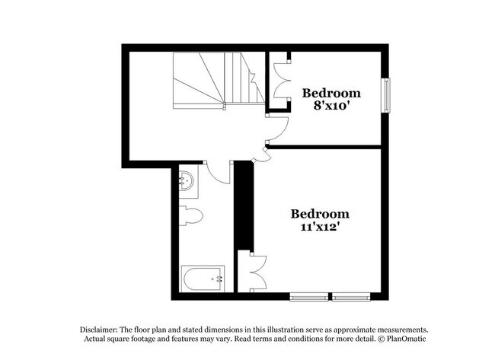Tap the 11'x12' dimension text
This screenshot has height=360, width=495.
coord(319,227)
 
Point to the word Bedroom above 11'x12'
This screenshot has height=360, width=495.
coord(320,214)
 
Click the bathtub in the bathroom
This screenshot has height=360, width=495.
coord(203,279)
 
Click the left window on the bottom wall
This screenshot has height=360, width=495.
coord(308,295)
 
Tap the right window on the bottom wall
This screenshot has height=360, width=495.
coord(351,295)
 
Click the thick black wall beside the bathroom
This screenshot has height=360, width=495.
coord(243,205)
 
